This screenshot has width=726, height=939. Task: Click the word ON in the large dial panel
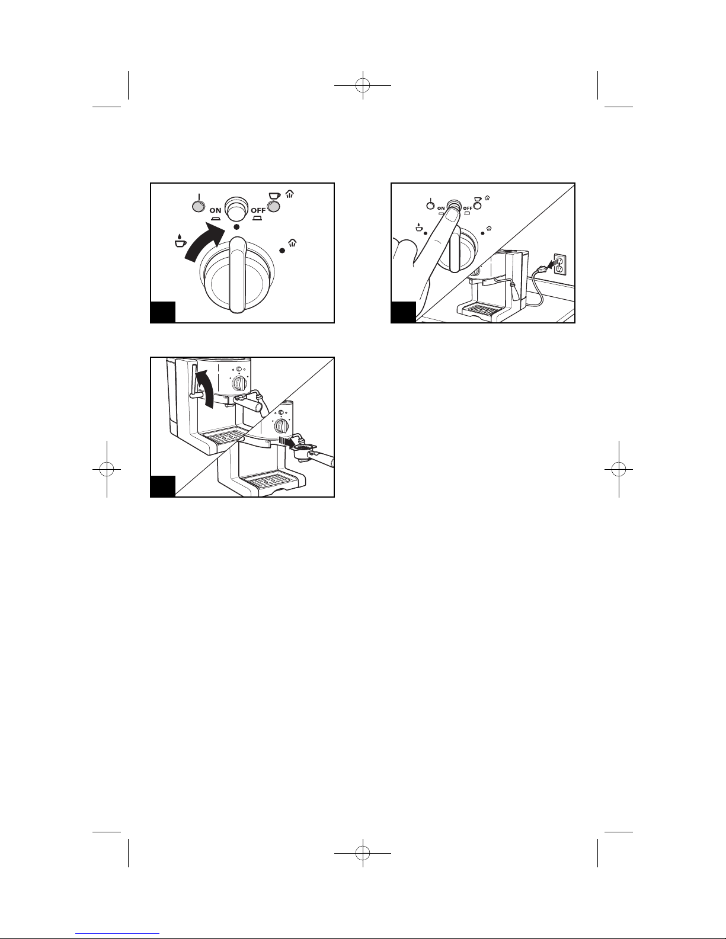tap(215, 210)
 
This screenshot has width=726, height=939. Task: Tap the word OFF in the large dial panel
tap(258, 210)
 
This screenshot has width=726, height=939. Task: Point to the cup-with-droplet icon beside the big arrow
tap(180, 241)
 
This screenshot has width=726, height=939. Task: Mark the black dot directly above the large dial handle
tap(236, 227)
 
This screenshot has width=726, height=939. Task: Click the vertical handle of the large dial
tap(237, 274)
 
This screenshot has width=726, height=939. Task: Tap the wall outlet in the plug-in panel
tap(560, 264)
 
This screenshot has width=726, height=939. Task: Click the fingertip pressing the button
tap(452, 213)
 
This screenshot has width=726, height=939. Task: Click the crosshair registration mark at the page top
tap(363, 85)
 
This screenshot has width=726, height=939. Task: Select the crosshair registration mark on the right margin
tap(619, 469)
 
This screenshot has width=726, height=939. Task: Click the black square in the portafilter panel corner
tap(163, 486)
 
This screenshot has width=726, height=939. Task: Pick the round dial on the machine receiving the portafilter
tap(282, 426)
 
